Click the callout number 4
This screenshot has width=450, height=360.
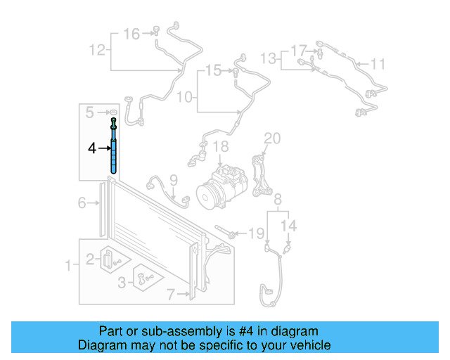[91, 148]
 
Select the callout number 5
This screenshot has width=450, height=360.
[90, 112]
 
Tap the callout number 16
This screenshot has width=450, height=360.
[131, 33]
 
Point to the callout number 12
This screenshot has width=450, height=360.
[97, 49]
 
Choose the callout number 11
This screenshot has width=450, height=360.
[378, 65]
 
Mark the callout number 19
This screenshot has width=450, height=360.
[257, 232]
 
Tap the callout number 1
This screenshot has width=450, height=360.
[68, 265]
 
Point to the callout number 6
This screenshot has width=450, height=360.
[82, 202]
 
